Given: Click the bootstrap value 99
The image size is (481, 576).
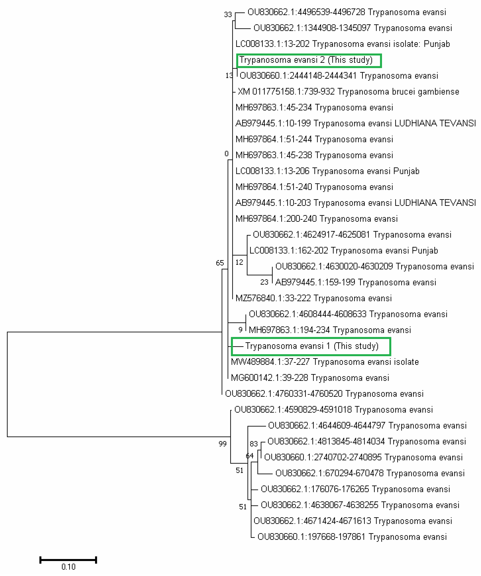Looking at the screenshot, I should [x=223, y=444].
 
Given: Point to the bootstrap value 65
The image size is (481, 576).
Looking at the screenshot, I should [x=220, y=263].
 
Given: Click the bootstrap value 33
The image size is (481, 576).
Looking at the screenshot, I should [x=228, y=15].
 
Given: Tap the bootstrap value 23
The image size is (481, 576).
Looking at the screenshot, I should [x=264, y=282].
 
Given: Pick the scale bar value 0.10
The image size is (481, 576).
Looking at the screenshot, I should [x=68, y=567].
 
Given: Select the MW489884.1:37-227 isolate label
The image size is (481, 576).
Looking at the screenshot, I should [x=325, y=362].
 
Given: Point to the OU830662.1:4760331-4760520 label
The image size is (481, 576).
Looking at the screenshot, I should [x=324, y=394].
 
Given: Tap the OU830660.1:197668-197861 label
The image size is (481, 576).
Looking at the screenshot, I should [x=352, y=537].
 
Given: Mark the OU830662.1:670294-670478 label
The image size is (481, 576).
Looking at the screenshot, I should [x=370, y=473].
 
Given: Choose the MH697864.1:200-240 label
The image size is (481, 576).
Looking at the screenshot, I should [x=316, y=219].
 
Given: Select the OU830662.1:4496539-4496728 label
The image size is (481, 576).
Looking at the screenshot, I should [x=346, y=12].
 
